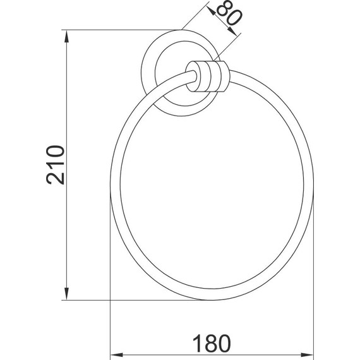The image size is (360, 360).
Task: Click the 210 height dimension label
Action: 56,165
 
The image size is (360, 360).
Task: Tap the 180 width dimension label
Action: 212,344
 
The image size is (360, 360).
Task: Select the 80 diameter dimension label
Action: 229,13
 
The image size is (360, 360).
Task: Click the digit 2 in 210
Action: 56,177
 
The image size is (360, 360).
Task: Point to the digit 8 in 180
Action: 210,344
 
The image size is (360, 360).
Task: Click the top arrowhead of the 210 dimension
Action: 66,37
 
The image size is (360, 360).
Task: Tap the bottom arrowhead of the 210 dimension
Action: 66,294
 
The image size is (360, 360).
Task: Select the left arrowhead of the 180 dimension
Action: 117,355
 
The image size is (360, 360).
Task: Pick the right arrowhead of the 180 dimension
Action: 307,355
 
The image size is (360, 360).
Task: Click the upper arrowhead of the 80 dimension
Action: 211,11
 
